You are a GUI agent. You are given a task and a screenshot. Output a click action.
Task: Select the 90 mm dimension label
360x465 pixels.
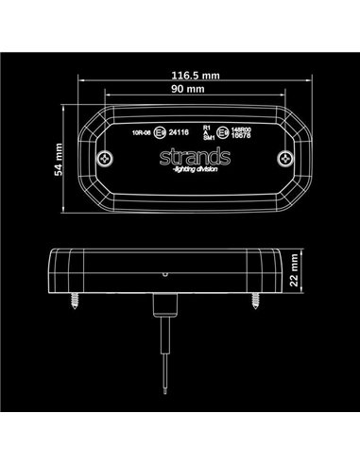pos(180,88)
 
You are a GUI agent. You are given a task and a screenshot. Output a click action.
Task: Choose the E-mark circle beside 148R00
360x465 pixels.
pos(223,133)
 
